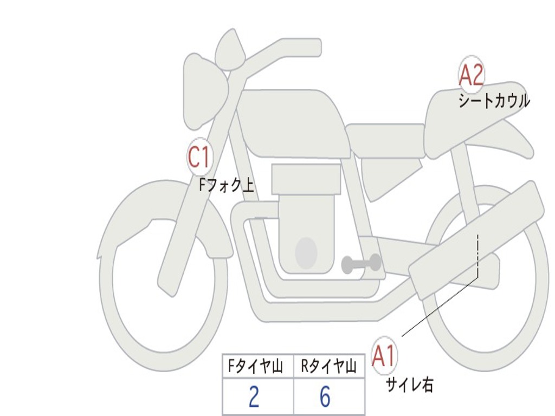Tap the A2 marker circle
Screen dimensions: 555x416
tap(471, 75)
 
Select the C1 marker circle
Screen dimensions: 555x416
tap(199, 157)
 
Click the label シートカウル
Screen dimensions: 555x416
tap(493, 101)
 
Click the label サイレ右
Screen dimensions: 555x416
tap(410, 385)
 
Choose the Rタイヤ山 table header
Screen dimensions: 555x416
tap(328, 367)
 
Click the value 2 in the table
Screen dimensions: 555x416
tap(254, 397)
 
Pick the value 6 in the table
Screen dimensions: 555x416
tap(325, 397)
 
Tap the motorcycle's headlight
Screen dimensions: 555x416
tap(205, 92)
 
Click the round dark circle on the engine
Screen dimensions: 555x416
tap(306, 253)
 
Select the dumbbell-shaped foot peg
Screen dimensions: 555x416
tap(361, 264)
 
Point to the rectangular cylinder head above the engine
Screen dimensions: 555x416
tap(306, 179)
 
